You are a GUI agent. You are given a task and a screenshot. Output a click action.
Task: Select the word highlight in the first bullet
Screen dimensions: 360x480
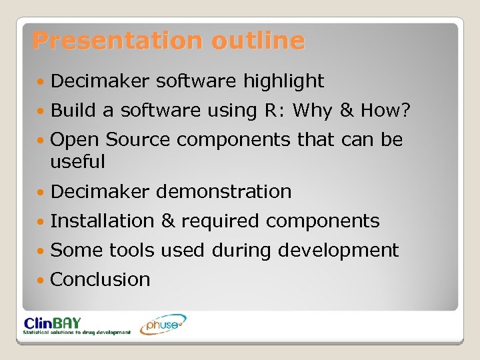click(283, 81)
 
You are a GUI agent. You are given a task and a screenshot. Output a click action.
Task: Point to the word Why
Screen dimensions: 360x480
click(309, 111)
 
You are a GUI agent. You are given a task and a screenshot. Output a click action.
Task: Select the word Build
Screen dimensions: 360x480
click(72, 111)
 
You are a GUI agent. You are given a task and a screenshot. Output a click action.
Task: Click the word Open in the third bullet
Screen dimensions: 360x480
click(75, 140)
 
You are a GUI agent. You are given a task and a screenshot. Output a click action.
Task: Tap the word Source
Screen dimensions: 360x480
click(138, 140)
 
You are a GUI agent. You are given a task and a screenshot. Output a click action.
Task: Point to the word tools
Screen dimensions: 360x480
click(131, 250)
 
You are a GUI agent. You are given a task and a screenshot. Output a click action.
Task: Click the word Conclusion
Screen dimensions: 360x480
click(100, 279)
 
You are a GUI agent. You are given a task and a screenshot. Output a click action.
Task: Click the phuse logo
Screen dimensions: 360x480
click(163, 325)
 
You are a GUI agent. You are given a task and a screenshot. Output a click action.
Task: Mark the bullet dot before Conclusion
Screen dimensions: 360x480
click(42, 280)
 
